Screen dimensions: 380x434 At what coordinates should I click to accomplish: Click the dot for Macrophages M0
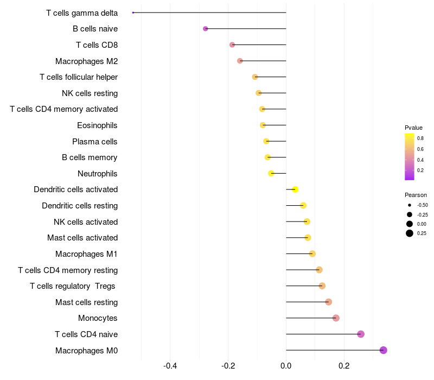(383, 350)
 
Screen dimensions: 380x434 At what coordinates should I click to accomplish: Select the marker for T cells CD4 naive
(361, 334)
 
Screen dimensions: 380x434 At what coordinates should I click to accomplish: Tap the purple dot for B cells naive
(205, 28)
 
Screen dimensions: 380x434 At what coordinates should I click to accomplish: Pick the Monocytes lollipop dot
(336, 318)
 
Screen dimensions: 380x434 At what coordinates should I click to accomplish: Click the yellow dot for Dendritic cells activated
(295, 189)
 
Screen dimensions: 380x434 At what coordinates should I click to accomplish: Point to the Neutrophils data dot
(271, 173)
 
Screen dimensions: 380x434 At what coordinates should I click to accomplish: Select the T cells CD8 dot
(232, 45)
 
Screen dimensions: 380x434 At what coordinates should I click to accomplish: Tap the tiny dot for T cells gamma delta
(133, 12)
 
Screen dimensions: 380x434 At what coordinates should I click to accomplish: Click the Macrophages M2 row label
(86, 61)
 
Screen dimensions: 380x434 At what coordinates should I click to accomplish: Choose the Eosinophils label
(97, 125)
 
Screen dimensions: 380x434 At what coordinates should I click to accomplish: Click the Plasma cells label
(94, 142)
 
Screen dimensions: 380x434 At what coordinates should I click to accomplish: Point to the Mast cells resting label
(86, 302)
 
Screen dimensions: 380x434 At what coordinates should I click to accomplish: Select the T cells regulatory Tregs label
(73, 286)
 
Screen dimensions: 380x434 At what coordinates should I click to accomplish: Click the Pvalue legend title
(413, 128)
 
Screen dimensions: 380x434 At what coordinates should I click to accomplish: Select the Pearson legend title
(416, 195)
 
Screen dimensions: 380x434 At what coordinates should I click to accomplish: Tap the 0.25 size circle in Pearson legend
(409, 233)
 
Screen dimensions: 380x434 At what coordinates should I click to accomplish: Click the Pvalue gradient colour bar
(410, 156)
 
